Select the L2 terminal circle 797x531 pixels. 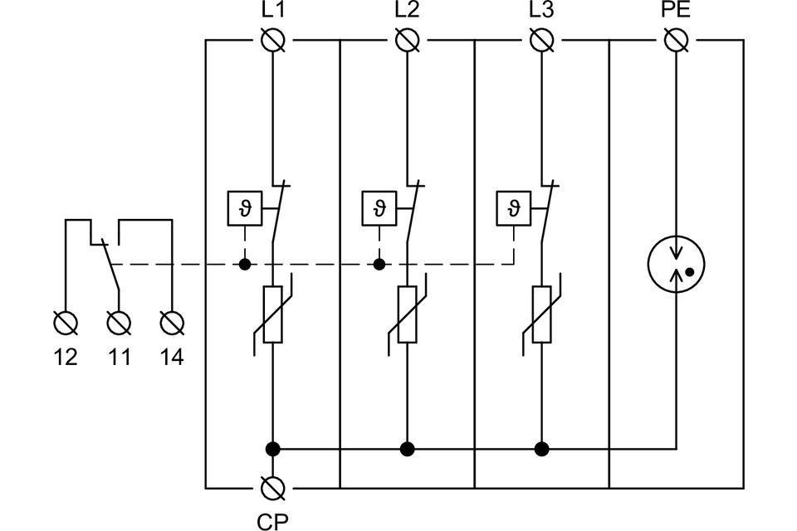407,39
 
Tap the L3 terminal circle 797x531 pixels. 541,39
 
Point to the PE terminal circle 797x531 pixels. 677,39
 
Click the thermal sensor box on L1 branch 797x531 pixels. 244,207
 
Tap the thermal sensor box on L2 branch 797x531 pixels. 379,207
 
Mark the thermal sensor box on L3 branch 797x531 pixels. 513,207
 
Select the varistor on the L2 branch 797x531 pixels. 407,314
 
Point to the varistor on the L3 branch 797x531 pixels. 541,314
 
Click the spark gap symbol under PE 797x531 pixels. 677,265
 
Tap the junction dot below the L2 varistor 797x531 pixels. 407,450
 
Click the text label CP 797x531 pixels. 272,520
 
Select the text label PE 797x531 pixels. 677,11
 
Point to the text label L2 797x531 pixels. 407,11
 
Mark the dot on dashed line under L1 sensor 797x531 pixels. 244,265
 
